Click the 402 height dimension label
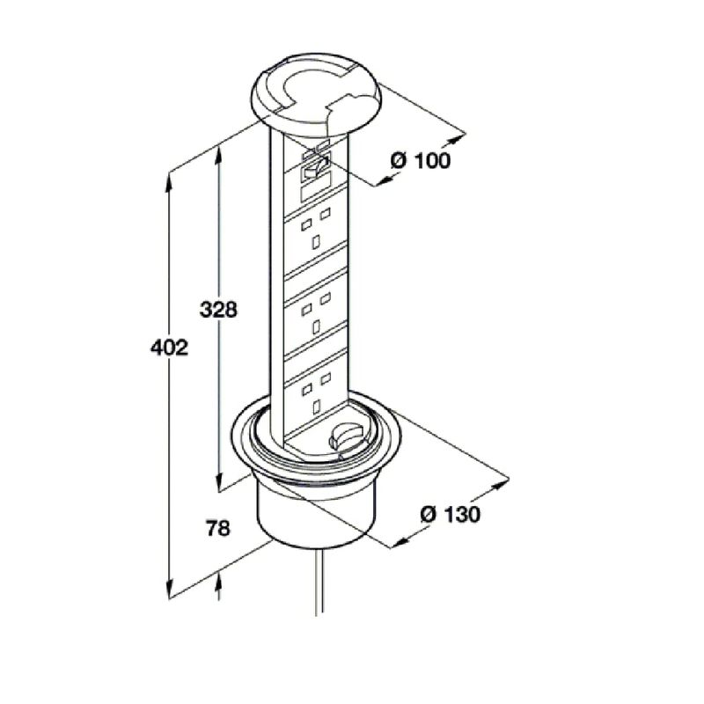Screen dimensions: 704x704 170,348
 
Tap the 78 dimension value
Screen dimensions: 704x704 217,529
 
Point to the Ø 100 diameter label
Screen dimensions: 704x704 420,160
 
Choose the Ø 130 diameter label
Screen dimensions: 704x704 450,515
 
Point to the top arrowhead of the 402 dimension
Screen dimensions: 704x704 170,180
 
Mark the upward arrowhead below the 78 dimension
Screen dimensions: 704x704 217,583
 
